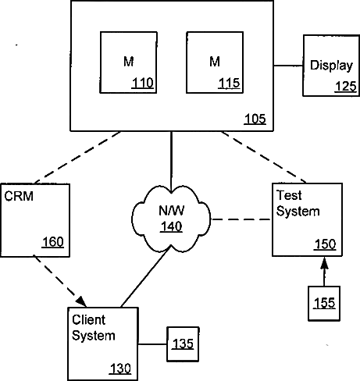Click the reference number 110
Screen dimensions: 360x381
coord(143,84)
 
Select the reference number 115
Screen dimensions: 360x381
coord(229,84)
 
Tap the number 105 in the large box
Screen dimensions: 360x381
coord(255,119)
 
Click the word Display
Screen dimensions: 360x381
coord(331,66)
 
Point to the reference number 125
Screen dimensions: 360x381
coord(346,87)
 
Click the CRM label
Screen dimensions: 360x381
coord(19,196)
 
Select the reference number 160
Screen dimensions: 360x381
coord(53,242)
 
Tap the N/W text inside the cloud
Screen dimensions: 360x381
coord(172,211)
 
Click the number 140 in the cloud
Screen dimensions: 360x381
coord(171,226)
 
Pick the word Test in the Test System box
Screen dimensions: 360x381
coord(289,195)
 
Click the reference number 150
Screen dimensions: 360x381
coord(326,244)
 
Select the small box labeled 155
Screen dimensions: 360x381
coord(324,304)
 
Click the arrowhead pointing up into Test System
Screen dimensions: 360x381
coord(324,263)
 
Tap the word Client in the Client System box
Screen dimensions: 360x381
coord(89,320)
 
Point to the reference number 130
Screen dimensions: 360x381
coord(120,369)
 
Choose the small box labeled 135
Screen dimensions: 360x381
coord(183,344)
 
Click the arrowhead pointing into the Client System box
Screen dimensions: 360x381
coord(81,301)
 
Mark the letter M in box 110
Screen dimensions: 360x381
coord(129,62)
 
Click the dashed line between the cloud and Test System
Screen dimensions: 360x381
coord(241,219)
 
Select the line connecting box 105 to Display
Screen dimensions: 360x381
coord(288,66)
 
